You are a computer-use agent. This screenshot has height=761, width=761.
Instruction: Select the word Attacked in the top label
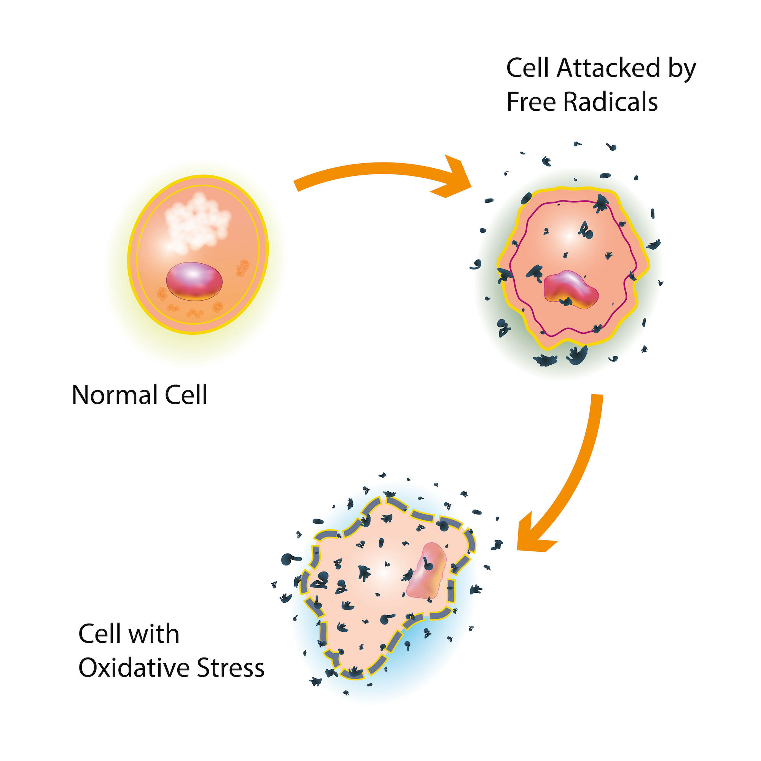click(x=608, y=68)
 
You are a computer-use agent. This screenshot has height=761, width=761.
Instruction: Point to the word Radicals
click(x=610, y=102)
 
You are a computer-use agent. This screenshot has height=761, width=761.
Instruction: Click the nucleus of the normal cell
click(x=194, y=281)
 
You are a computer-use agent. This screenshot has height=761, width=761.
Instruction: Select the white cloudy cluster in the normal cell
click(x=197, y=223)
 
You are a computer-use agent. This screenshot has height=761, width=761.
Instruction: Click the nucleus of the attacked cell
click(x=571, y=289)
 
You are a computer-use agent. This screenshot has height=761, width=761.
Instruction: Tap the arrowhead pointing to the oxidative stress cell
click(x=532, y=535)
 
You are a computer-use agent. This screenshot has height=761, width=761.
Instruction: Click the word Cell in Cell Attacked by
click(x=528, y=68)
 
